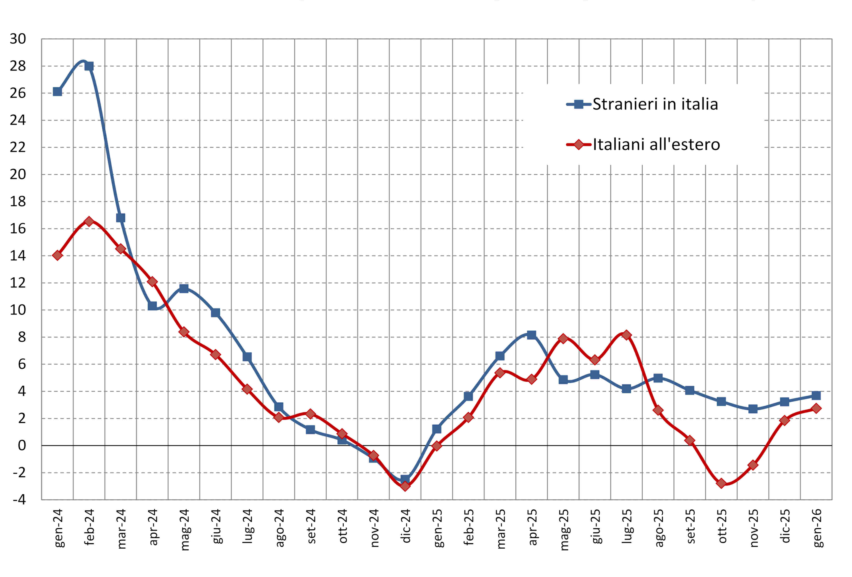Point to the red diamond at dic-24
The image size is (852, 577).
(405, 486)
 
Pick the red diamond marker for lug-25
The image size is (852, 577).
(627, 335)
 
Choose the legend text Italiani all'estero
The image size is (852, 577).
(656, 144)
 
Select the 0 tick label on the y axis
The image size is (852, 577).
(22, 446)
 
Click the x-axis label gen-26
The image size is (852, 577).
(817, 528)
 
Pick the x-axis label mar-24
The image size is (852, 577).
(121, 528)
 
